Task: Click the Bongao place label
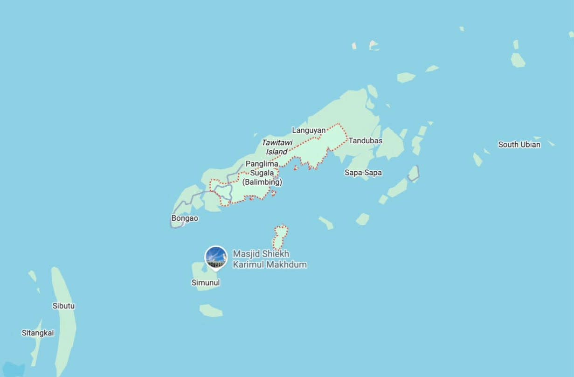coord(185,218)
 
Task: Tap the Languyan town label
coord(309,130)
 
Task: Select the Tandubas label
coord(366,140)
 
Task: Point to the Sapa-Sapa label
coord(363,173)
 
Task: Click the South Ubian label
coord(519,145)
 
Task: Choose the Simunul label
coord(206,282)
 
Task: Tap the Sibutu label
coord(64,306)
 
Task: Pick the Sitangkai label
coord(38,333)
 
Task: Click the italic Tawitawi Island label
coord(277,147)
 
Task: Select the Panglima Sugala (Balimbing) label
coord(262,173)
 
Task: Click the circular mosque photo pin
coord(216,257)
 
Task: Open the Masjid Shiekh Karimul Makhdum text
coord(270,259)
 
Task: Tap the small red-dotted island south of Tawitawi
coord(280,237)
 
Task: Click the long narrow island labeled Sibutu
coord(64,327)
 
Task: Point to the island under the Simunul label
coord(205,275)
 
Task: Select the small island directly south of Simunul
coord(211,310)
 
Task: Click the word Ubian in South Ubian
coord(530,145)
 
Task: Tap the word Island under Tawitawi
coord(277,152)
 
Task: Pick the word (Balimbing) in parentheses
coord(262,182)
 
